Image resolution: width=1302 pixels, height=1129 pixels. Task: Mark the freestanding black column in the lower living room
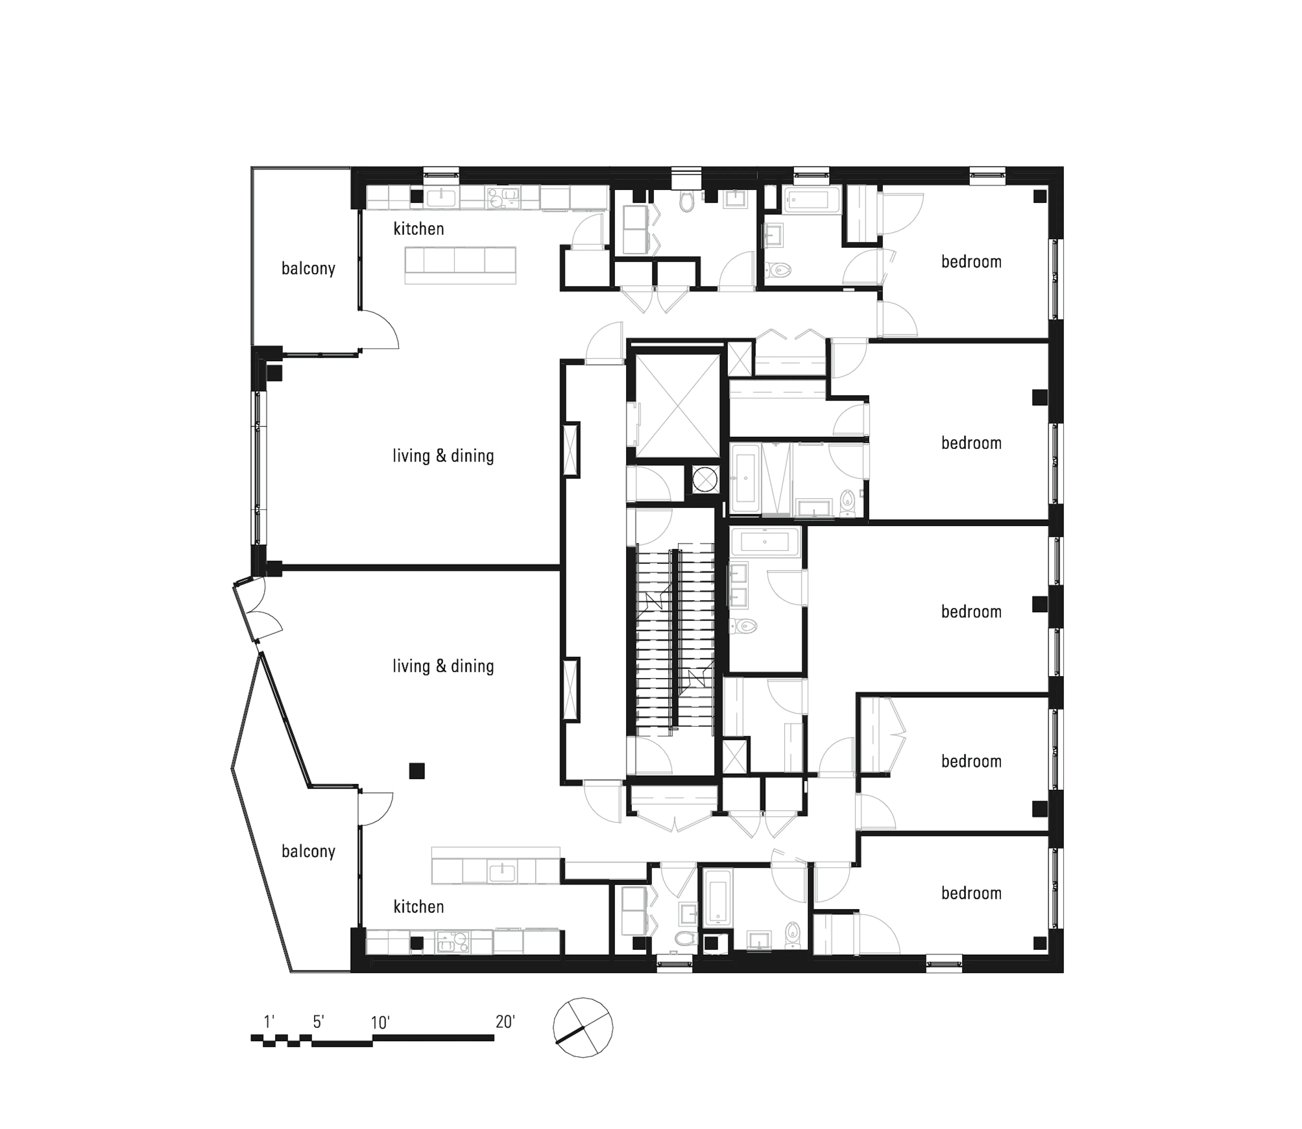[x=416, y=771]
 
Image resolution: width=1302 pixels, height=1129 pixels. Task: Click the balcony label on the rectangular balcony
[x=308, y=269]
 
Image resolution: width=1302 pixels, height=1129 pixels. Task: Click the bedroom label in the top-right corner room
[x=971, y=262]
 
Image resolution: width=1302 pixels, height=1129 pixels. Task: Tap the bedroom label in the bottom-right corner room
[x=971, y=893]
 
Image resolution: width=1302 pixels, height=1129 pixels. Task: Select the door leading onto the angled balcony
[x=374, y=808]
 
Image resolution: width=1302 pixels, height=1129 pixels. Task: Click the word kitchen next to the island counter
[x=418, y=229]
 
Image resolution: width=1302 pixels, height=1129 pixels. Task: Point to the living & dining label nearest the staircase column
[x=443, y=666]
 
